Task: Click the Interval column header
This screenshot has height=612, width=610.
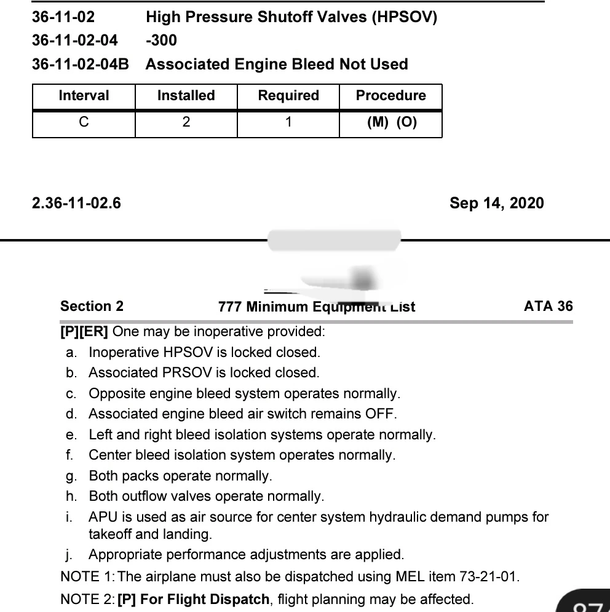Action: [84, 96]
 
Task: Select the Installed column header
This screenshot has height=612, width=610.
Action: [186, 96]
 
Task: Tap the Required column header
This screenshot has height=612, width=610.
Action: [288, 96]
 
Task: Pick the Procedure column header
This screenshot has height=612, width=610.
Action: [390, 96]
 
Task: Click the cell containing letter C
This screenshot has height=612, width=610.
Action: [84, 122]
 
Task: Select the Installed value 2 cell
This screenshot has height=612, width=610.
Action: [186, 122]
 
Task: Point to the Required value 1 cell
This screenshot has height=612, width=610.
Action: [288, 122]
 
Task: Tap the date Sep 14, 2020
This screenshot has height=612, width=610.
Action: [496, 203]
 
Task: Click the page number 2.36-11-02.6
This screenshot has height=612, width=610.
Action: [76, 203]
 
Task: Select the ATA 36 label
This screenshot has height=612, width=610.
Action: [548, 306]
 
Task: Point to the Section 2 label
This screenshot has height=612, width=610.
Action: [92, 306]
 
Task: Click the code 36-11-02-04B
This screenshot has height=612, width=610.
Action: [81, 65]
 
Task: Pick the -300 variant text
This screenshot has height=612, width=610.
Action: [161, 41]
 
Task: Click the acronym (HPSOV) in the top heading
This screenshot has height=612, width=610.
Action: [404, 17]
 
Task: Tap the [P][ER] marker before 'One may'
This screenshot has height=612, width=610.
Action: [84, 332]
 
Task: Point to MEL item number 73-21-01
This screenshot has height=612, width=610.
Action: [489, 577]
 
